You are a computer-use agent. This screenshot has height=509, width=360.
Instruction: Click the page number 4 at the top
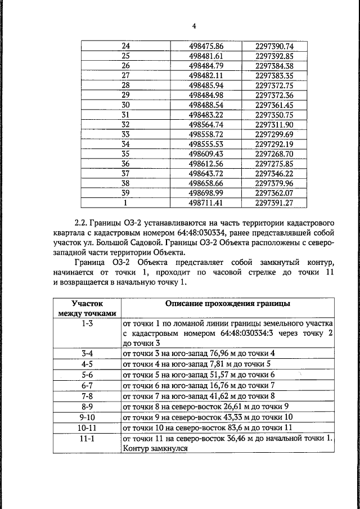[193, 26]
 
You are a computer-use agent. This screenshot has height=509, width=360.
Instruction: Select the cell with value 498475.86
[206, 46]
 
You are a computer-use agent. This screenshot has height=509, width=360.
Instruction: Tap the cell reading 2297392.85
[274, 56]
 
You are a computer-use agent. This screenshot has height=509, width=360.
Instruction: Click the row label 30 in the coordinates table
[125, 105]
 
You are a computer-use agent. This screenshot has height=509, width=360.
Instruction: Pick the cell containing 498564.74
[206, 124]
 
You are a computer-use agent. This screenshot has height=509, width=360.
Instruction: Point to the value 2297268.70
[274, 154]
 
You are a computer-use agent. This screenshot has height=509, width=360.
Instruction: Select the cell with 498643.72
[206, 173]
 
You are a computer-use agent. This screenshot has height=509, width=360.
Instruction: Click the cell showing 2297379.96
[274, 183]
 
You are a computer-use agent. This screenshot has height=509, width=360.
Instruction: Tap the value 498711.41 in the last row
[206, 202]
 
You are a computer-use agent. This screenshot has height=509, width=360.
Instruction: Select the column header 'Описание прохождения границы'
[228, 304]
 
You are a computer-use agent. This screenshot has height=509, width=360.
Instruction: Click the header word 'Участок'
[87, 304]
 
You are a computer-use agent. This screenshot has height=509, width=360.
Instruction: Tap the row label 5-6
[87, 374]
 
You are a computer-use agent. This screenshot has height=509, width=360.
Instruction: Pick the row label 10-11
[87, 427]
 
